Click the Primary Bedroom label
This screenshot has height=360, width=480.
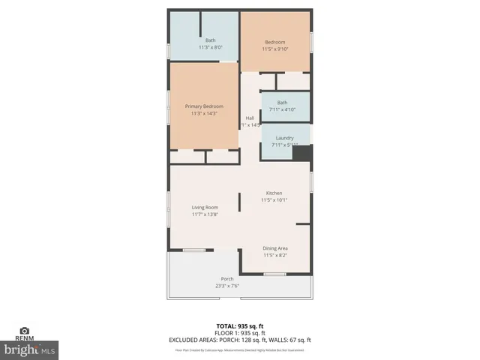pos(205,106)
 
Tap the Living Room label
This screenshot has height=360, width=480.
pos(205,207)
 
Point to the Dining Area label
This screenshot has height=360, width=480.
pos(275,248)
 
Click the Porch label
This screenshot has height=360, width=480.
pos(226,278)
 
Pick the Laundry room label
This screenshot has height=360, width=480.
pos(284,138)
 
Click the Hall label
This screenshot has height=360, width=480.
pos(250,118)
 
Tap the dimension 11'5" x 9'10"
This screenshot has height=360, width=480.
pos(275,49)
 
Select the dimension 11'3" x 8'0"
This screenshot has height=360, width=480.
pos(211,47)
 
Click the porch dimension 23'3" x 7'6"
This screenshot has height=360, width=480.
pos(226,285)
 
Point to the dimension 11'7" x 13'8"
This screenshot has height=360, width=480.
pos(205,214)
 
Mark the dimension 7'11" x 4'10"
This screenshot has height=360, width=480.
pos(283,109)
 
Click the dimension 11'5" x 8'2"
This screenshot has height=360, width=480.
pos(275,255)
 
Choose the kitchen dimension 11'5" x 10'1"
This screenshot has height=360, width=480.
pos(274,199)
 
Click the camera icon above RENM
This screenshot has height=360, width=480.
pos(24,331)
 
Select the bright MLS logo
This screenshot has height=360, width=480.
pos(30,349)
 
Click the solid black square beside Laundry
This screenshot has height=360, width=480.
pos(302,152)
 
